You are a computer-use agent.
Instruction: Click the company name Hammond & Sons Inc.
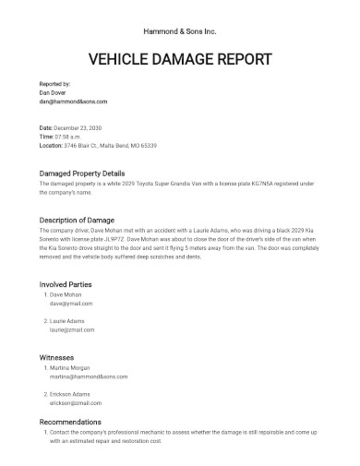click(x=180, y=30)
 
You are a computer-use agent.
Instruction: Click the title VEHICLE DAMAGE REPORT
click(x=180, y=60)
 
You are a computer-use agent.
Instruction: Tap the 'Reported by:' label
click(x=54, y=84)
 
